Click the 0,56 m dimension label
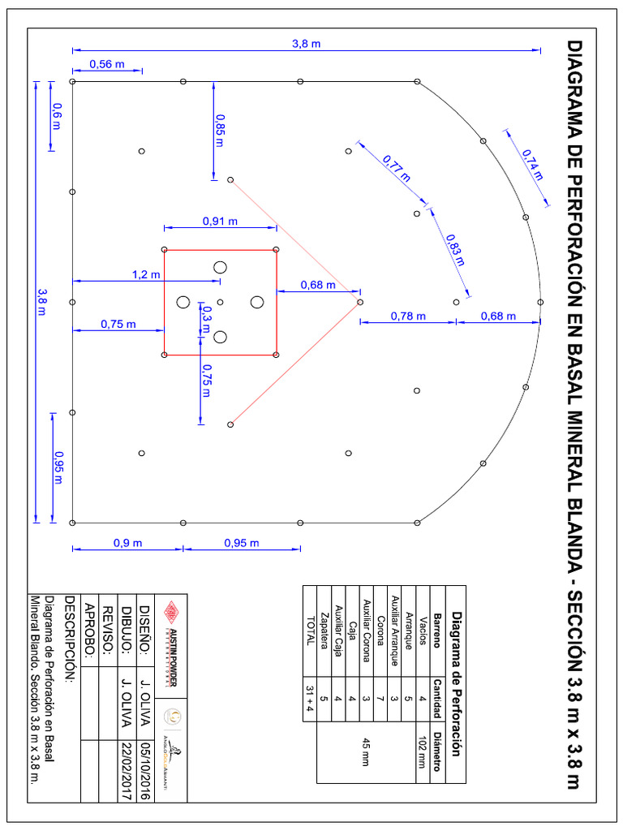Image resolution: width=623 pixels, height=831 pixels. coord(106,64)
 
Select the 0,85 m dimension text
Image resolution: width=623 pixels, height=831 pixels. coord(220,130)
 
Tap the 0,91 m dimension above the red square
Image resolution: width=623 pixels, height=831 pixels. coord(220,221)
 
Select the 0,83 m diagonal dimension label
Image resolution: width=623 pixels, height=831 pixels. coord(455,249)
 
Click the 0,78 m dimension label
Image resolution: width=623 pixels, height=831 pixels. coord(408,316)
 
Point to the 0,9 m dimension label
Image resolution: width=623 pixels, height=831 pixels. coord(127,543)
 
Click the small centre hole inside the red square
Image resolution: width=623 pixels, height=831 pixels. coord(220,302)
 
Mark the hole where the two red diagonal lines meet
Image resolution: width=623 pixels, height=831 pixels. coord(359,302)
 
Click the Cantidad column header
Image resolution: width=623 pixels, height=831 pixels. coord(436,699)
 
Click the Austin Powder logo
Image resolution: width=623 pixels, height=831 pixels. coord(171,640)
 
